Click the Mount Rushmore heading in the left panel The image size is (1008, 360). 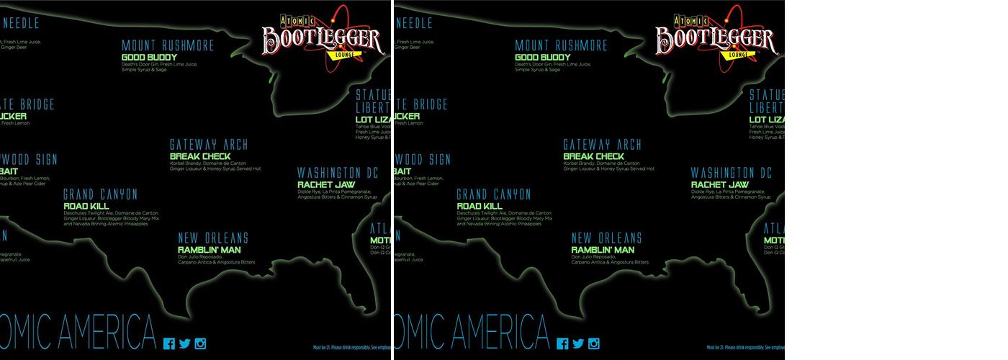[168, 45]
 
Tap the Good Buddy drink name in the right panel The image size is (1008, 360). [544, 58]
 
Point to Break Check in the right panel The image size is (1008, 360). [594, 156]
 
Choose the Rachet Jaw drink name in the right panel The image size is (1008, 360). [721, 185]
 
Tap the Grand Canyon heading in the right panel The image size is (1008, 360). [494, 194]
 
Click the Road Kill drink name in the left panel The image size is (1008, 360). [86, 206]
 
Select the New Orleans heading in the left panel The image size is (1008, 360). [213, 238]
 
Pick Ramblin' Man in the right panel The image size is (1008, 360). [603, 250]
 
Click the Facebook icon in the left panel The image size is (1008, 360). [169, 343]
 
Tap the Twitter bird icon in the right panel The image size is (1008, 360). [578, 343]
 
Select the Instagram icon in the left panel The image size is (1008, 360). [200, 343]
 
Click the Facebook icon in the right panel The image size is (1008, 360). [563, 343]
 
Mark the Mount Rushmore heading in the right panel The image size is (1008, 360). [562, 45]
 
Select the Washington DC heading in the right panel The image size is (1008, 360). [732, 173]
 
